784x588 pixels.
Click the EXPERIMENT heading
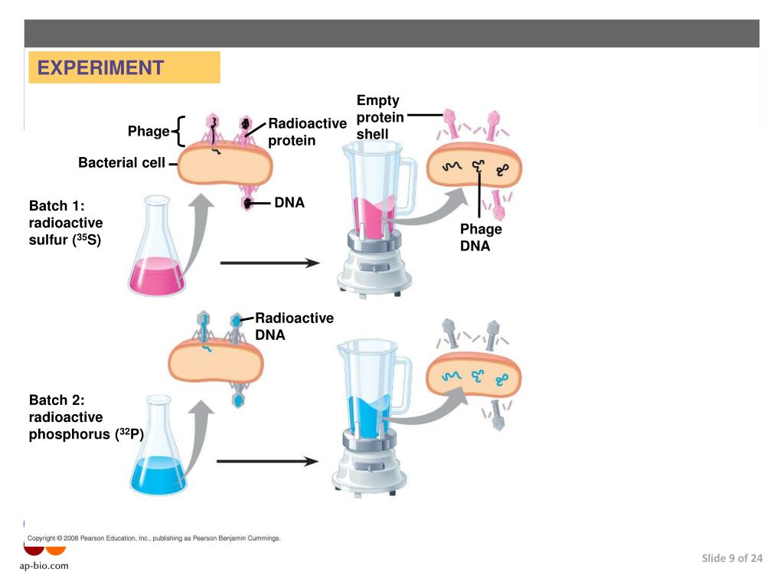tap(100, 68)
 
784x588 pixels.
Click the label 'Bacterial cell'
tap(122, 162)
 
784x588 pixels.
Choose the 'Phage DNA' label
tap(481, 237)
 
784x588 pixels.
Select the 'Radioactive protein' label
tap(307, 132)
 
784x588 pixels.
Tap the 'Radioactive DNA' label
tap(294, 326)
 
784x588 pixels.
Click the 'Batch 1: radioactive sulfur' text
tap(66, 223)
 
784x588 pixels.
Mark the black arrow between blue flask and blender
tap(267, 462)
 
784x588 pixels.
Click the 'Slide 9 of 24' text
tap(732, 558)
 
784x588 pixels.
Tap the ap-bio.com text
tap(44, 566)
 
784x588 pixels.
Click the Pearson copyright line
tap(154, 538)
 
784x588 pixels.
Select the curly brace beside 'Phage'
tap(178, 131)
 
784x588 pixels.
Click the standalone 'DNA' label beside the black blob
tap(289, 203)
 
